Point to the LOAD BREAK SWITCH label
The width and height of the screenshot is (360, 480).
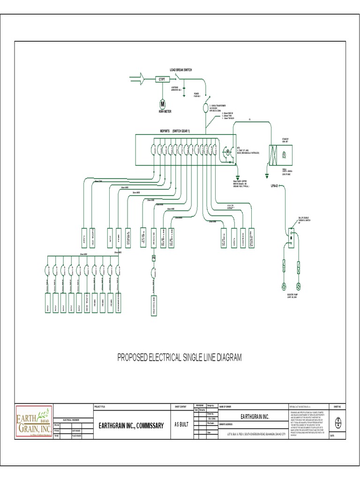(180, 69)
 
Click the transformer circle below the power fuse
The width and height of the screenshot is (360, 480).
(204, 108)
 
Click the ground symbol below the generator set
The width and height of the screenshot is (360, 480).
(267, 173)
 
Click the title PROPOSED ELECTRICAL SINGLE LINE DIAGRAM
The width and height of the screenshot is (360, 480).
(180, 358)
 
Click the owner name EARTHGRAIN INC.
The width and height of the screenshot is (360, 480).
(255, 416)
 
